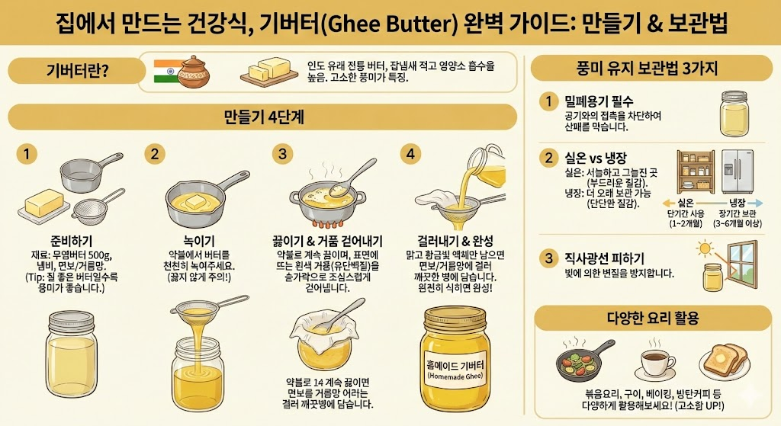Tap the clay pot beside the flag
tap(194, 72)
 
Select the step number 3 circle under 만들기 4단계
tap(282, 154)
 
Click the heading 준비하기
tap(71, 242)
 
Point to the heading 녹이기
tap(199, 242)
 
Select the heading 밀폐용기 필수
tap(598, 102)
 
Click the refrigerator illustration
tap(738, 171)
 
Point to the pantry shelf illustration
tap(696, 171)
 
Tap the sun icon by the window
tap(705, 248)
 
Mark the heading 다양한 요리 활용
tap(653, 318)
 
